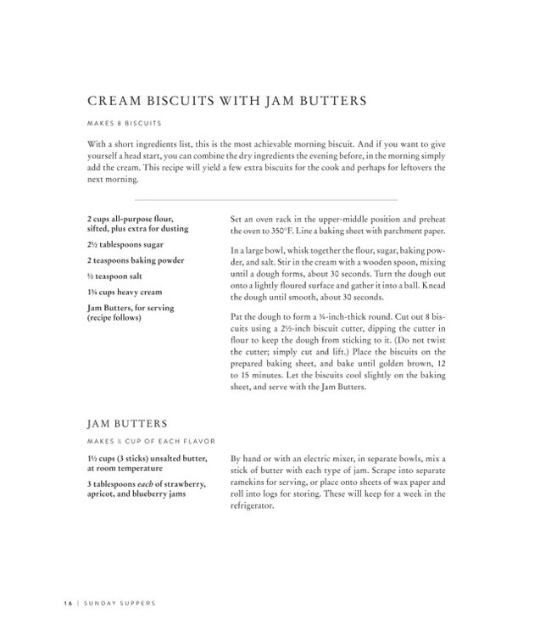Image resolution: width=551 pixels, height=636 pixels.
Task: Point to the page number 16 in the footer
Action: click(x=67, y=603)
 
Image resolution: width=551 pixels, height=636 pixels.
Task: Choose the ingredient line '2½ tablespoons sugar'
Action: click(x=125, y=245)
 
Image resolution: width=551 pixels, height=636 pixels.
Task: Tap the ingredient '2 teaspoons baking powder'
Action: click(x=135, y=260)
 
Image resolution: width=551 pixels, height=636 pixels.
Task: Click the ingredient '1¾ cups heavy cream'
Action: click(x=125, y=292)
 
